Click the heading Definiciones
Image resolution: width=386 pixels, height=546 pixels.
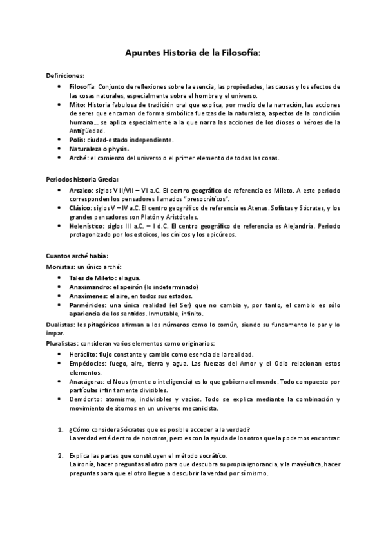pyautogui.click(x=64, y=75)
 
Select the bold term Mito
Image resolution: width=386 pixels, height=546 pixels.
pyautogui.click(x=77, y=104)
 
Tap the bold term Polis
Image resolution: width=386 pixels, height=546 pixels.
pyautogui.click(x=77, y=139)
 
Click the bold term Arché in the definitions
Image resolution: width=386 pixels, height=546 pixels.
pyautogui.click(x=78, y=157)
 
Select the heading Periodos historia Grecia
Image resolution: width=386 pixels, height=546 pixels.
pyautogui.click(x=82, y=178)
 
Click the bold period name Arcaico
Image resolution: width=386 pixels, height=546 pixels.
pyautogui.click(x=81, y=190)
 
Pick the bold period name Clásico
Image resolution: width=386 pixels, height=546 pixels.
pyautogui.click(x=81, y=207)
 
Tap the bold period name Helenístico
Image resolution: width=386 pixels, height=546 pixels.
pyautogui.click(x=86, y=225)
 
